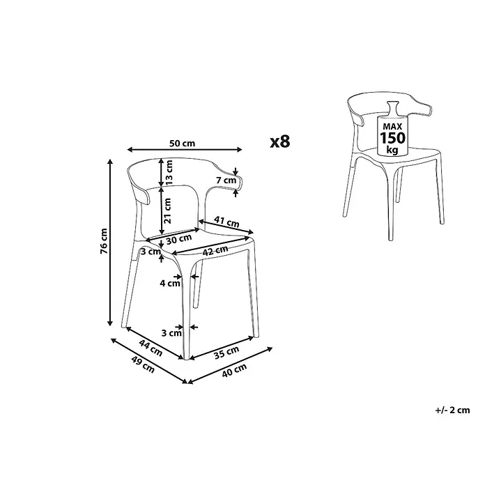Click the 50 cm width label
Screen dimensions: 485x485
182,144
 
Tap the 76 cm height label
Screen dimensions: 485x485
104,241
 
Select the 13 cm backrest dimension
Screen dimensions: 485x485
169,172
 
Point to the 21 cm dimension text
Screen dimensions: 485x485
168,210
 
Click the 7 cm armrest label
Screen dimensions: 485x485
226,180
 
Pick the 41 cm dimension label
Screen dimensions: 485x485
226,222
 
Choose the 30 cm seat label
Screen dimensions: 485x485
179,239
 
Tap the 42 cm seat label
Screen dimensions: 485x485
215,250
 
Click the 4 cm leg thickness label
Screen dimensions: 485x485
170,283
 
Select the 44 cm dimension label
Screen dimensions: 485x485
151,348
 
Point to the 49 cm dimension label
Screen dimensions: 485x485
143,364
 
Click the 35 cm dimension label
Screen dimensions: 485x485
226,353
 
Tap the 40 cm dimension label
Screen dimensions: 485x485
234,370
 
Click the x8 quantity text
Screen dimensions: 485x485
280,141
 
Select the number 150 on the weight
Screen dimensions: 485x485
392,138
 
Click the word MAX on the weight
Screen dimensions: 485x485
392,126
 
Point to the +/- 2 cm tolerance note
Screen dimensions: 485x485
452,410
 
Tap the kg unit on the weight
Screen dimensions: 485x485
392,150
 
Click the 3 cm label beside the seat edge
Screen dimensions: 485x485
151,252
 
